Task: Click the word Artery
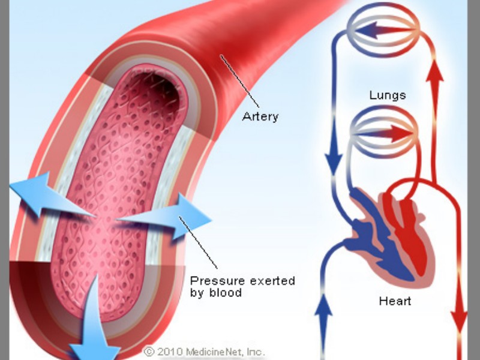(260, 116)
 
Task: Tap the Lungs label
(388, 95)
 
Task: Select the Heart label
(395, 300)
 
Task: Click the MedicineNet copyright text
(204, 351)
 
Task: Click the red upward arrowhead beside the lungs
(437, 75)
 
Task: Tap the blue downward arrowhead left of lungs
(332, 160)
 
